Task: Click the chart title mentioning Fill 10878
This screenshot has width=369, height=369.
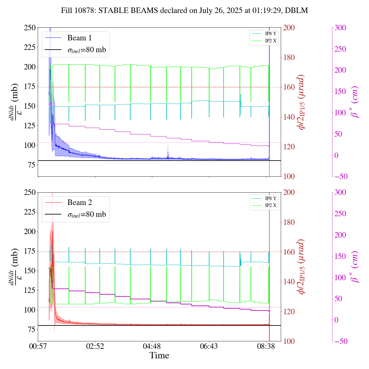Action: pos(184,11)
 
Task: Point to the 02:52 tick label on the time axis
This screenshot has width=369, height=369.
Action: pos(95,346)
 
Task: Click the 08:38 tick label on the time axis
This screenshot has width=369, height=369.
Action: pos(266,346)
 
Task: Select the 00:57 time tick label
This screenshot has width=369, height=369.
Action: pos(38,346)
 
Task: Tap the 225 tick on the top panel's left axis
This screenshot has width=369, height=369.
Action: pos(30,47)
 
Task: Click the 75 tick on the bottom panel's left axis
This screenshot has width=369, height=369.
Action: pos(32,330)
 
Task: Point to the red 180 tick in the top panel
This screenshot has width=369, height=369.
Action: pos(289,57)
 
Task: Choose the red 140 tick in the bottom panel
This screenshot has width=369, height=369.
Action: pos(289,282)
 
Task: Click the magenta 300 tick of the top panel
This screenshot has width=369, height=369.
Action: pos(340,28)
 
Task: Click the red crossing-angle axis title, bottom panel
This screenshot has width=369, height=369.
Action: pos(302,267)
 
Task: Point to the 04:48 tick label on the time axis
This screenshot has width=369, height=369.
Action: pos(152,346)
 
